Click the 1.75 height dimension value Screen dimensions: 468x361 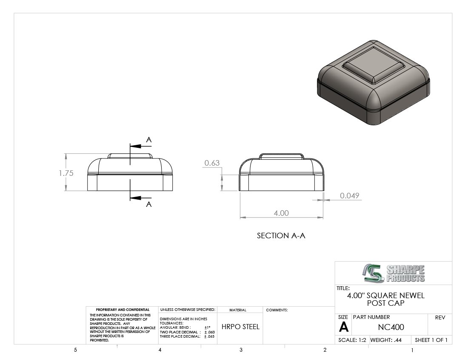pos(66,173)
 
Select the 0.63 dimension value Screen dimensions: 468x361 pos(212,163)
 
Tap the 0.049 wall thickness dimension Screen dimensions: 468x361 pos(349,196)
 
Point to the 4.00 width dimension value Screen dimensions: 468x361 pos(281,213)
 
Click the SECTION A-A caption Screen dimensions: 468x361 pos(281,236)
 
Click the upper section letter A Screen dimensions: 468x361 pos(149,140)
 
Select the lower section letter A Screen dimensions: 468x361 pos(149,204)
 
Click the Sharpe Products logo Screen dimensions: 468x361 pos(394,273)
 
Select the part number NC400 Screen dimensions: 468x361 pos(391,327)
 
